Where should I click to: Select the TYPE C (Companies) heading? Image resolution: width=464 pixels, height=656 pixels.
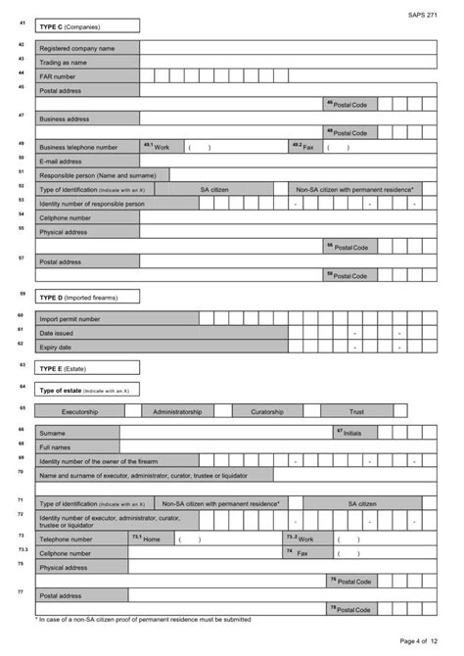coord(69,26)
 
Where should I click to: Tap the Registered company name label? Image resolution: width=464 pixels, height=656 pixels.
coord(76,47)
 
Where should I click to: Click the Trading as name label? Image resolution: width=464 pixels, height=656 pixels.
coord(66,62)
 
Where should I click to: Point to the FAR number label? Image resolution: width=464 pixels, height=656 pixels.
coord(58,76)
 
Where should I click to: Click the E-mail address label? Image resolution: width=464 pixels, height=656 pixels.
coord(61,161)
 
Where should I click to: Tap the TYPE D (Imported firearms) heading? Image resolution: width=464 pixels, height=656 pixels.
coord(76,297)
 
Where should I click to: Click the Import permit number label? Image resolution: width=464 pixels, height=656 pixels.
coord(70,318)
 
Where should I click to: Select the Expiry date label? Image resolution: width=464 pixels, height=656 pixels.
coord(55,347)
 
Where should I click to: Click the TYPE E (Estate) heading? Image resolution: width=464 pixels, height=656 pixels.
coord(64,368)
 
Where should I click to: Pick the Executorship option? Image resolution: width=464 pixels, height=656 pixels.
coord(81,412)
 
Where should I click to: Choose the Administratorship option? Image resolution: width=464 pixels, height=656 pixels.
coord(177,412)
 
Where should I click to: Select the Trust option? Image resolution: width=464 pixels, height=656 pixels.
coord(356,412)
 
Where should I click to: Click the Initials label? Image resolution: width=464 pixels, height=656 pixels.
coord(350,432)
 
